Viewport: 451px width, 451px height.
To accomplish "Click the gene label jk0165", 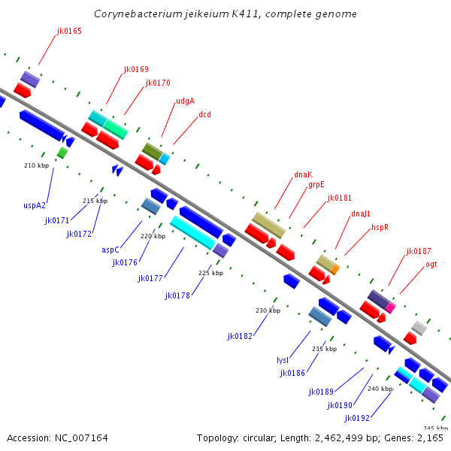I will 69,32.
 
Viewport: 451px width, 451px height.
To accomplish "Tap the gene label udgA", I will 185,101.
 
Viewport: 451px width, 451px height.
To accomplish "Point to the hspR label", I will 380,226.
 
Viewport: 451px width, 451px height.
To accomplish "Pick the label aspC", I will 110,250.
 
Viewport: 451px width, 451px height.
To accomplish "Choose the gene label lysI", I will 283,360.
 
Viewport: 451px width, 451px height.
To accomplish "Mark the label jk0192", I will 357,418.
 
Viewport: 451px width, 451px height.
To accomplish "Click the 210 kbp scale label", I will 36,165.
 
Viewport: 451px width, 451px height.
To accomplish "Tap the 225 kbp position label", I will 210,273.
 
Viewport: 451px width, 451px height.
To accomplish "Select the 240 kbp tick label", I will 380,389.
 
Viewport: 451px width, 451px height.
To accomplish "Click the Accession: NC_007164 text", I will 57,437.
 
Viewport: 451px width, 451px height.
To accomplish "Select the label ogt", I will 431,264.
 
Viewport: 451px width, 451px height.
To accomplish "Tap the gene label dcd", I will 204,114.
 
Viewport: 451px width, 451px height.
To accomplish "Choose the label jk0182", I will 239,336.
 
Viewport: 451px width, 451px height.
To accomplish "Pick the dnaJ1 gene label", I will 361,213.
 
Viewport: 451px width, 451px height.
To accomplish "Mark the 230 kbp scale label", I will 268,310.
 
